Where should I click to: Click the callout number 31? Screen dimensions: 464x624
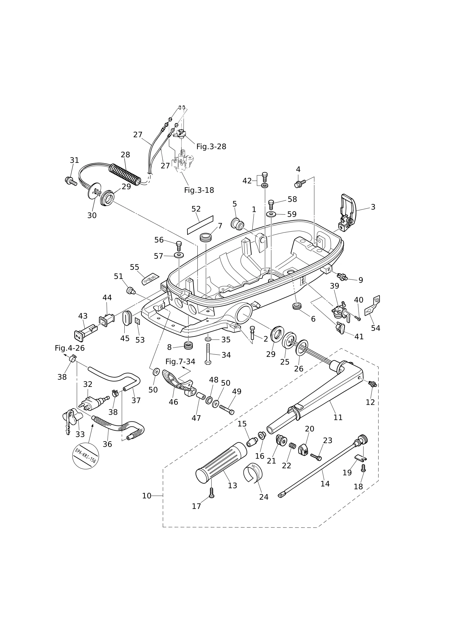[x=74, y=160]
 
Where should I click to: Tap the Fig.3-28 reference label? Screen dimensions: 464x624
[x=211, y=147]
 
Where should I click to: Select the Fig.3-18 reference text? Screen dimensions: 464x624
[x=199, y=190]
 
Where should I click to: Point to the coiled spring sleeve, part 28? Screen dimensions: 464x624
[x=125, y=175]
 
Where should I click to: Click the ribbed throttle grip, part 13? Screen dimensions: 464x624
[x=221, y=463]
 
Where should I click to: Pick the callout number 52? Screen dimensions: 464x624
[x=196, y=209]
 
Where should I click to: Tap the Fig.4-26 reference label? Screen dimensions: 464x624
[x=70, y=348]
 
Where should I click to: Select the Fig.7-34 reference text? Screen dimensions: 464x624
[x=180, y=361]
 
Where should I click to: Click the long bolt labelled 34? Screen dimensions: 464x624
[x=208, y=354]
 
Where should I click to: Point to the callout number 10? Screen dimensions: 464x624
[x=147, y=496]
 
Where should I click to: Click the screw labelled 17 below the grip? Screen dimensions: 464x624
[x=212, y=493]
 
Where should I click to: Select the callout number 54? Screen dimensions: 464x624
[x=376, y=328]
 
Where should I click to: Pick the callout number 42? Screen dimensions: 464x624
[x=247, y=181]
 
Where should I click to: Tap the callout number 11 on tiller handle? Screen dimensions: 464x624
[x=338, y=417]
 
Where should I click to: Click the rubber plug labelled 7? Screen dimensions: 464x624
[x=206, y=237]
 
